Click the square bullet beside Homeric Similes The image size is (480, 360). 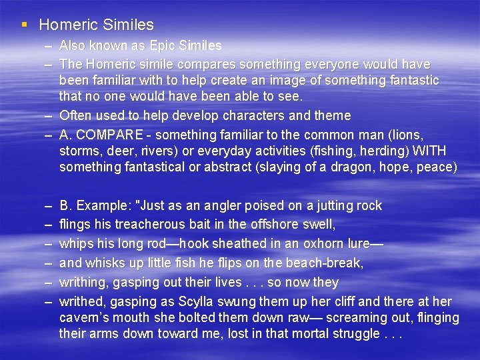(24, 25)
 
